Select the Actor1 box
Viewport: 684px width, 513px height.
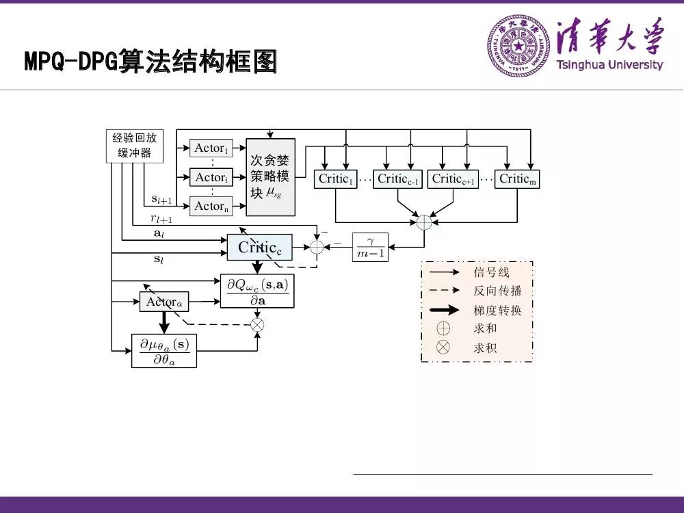211,148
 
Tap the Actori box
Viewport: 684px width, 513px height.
211,177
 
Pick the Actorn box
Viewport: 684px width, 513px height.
211,206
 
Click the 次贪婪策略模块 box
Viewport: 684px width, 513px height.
270,177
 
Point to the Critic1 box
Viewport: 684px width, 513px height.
335,179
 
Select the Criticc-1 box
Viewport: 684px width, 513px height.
397,179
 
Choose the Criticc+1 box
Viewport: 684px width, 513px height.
453,179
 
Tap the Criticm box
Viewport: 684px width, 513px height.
517,179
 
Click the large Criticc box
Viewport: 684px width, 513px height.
259,248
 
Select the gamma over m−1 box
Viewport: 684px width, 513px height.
371,248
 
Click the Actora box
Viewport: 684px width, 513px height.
165,302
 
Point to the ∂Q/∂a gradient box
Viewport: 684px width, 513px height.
257,292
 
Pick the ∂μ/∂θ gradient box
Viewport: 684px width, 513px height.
163,350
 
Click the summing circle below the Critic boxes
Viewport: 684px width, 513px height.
424,222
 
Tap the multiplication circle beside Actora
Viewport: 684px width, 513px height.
257,324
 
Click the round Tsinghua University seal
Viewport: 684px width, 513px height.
518,47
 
